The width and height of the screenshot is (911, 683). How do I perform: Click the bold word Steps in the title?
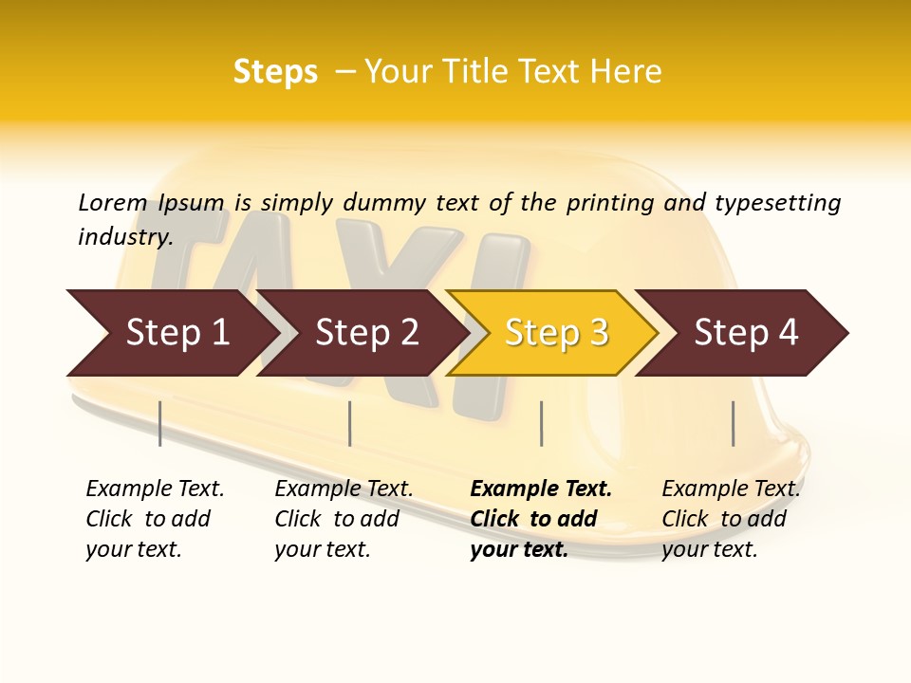275,72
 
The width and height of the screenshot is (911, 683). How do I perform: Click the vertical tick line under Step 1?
160,423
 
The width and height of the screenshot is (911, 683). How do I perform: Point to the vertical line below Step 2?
350,423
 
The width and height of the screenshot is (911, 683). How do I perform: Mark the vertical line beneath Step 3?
541,423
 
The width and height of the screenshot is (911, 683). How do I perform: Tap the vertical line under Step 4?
733,423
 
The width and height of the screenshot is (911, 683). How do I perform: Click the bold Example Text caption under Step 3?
541,519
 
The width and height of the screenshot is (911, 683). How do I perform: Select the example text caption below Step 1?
155,519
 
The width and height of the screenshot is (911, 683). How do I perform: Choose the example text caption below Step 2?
344,519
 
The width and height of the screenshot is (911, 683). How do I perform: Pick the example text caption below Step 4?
731,519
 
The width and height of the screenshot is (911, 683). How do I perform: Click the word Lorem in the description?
113,202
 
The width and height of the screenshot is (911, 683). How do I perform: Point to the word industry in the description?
125,237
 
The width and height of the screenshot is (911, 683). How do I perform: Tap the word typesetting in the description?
777,203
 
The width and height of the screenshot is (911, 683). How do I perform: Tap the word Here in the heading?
626,72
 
